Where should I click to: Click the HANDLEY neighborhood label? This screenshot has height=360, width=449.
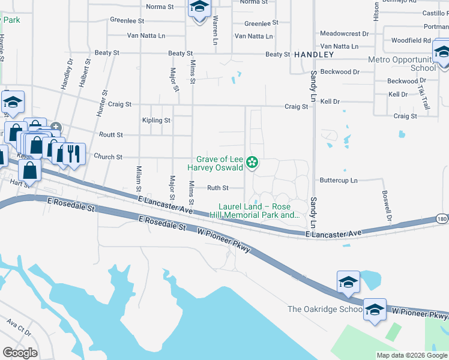[x=313, y=55]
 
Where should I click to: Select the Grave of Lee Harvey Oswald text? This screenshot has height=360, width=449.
[x=217, y=163]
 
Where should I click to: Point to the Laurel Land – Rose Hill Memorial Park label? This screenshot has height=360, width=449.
[x=255, y=211]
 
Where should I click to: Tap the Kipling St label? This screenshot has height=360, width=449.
[x=156, y=121]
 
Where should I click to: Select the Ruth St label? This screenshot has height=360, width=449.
[x=218, y=188]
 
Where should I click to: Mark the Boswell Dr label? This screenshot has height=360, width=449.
[x=386, y=205]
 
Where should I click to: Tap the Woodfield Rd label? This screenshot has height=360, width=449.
[x=411, y=41]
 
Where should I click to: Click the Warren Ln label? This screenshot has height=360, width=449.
[x=214, y=30]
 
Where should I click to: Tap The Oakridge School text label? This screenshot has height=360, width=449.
[x=324, y=309]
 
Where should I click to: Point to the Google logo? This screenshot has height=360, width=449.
[x=20, y=353]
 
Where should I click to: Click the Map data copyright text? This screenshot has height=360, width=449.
[x=411, y=355]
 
